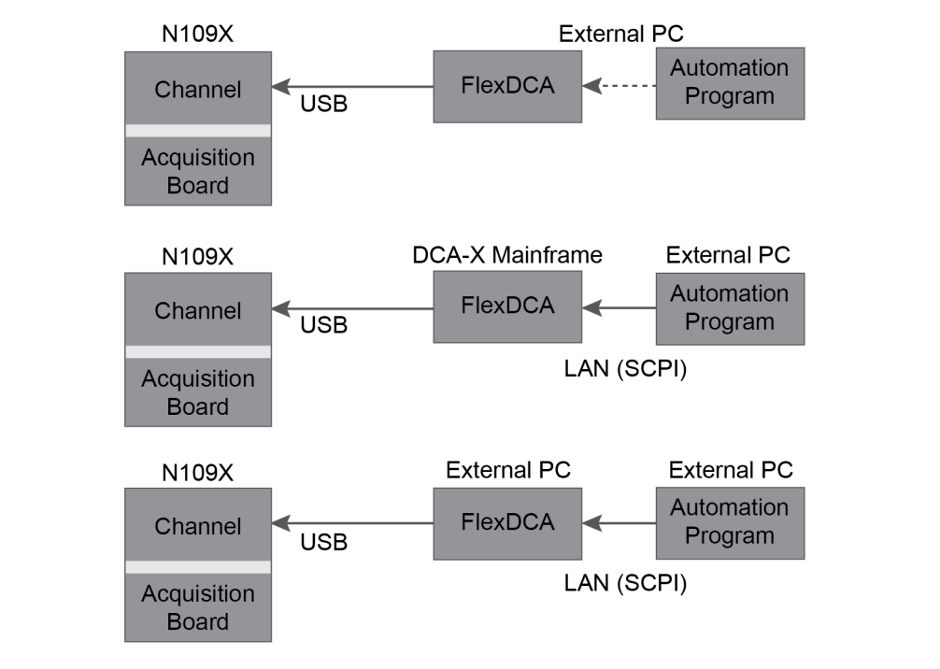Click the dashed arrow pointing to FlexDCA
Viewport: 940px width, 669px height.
(619, 87)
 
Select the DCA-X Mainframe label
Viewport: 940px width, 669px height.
(507, 255)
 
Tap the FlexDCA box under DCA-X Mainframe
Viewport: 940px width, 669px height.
(507, 306)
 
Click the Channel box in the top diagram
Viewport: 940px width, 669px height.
(198, 88)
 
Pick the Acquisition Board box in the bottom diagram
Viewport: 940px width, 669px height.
(198, 607)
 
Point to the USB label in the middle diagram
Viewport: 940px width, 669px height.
(323, 325)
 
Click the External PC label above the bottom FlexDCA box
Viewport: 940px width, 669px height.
(508, 470)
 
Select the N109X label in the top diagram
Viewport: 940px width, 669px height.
(197, 36)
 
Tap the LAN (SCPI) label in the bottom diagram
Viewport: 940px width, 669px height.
(625, 584)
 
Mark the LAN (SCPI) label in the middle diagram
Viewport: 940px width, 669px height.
(625, 369)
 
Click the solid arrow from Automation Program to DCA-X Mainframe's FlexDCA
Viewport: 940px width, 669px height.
(619, 307)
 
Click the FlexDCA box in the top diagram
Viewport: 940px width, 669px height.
(507, 87)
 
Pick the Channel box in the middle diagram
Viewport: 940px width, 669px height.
(198, 309)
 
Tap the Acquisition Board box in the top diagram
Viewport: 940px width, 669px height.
(198, 171)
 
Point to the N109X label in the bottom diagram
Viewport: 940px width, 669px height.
(197, 473)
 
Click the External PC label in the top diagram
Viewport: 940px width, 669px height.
(621, 35)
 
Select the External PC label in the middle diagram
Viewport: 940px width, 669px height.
(728, 255)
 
